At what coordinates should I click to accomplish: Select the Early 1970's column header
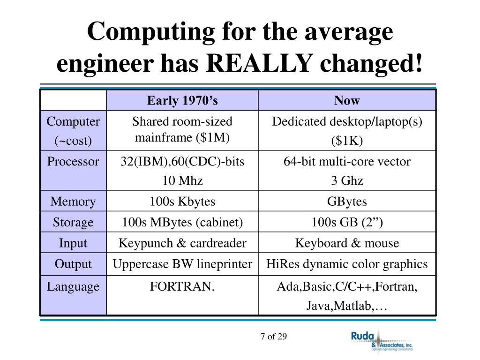tap(182, 100)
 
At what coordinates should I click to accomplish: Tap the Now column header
tap(347, 100)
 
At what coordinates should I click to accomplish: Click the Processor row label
tap(73, 162)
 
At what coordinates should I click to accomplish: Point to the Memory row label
tap(73, 202)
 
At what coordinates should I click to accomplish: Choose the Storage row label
tap(73, 222)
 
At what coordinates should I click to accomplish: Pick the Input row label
tap(73, 243)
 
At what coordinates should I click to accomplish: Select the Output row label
tap(73, 264)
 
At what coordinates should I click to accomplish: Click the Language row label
tap(73, 286)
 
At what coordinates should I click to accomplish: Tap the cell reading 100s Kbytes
tap(182, 202)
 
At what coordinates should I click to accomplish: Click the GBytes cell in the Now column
tap(347, 202)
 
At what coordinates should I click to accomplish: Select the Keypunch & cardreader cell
tap(182, 243)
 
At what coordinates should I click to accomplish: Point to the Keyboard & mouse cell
tap(347, 243)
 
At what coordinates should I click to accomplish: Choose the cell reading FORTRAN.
tap(182, 286)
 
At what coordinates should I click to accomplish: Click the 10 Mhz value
tap(182, 181)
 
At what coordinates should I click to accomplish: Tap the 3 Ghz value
tap(347, 181)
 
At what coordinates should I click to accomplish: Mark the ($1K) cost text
tap(347, 141)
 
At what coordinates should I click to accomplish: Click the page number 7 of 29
tap(273, 337)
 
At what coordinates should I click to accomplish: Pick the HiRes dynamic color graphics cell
tap(347, 264)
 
